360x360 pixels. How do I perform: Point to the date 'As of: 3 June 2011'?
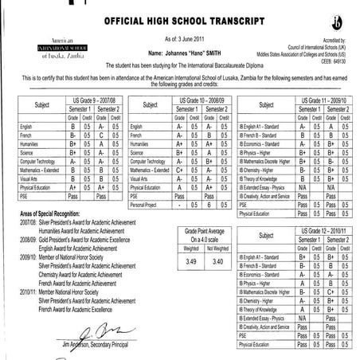point(180,36)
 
